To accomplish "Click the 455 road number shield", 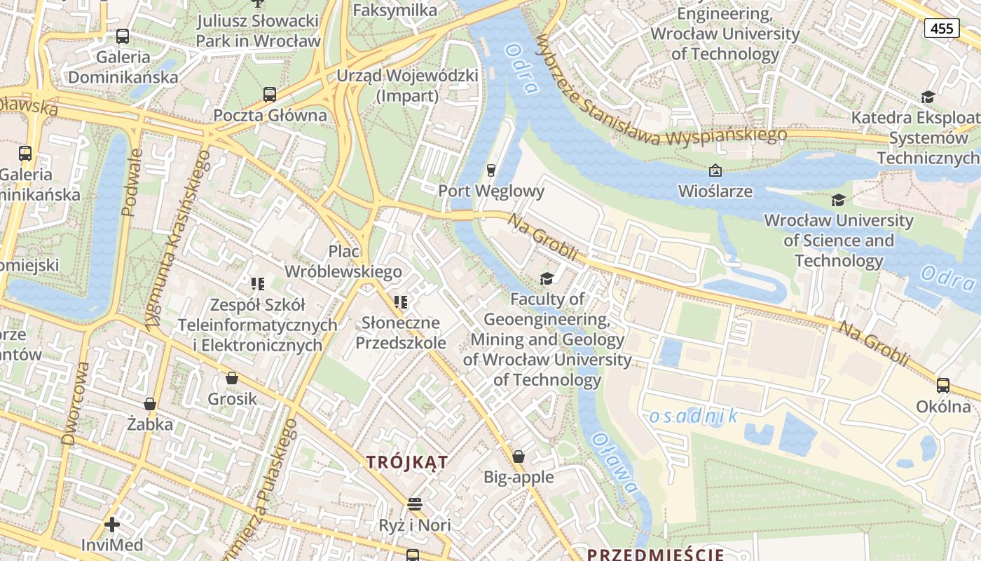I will pos(942,28).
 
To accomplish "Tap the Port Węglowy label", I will pos(491,191).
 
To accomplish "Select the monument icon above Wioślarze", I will pos(715,170).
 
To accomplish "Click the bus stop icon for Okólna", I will pos(943,385).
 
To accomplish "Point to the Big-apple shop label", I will pos(519,478).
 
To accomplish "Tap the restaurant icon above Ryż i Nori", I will pos(415,504).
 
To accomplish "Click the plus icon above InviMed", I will pos(112,525).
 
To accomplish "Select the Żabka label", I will pos(149,424).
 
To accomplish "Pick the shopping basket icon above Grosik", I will pos(232,379).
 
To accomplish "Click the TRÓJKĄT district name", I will pos(407,461).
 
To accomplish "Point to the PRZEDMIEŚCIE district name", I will pos(655,555).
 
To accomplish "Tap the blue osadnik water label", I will pos(694,416).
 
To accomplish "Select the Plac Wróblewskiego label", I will pos(343,262).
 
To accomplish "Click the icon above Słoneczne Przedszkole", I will pos(401,302).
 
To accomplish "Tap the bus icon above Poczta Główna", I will pos(270,95).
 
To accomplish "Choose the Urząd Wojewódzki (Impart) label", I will pos(408,86).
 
